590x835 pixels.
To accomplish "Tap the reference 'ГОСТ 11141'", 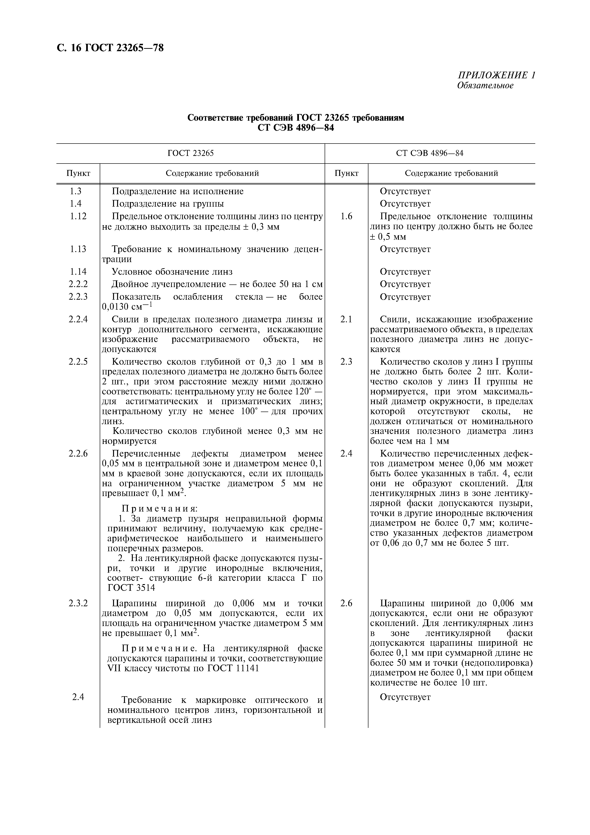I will coord(233,668).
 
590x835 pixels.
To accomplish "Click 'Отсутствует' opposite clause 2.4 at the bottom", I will coord(405,697).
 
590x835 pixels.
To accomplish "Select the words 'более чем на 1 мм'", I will coord(410,441).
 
